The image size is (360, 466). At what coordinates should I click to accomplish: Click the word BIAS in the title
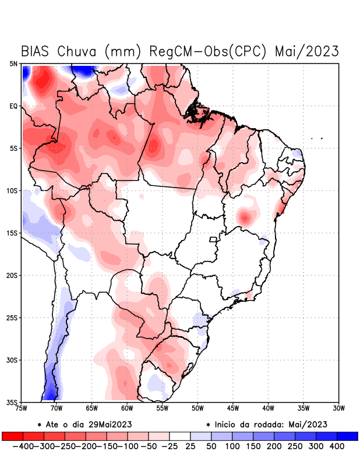[37, 51]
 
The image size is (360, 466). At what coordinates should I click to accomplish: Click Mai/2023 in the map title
[306, 51]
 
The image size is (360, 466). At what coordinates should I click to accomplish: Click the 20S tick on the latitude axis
[13, 276]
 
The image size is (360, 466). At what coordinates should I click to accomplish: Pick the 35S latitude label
[13, 403]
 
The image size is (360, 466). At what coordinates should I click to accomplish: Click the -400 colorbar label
[22, 446]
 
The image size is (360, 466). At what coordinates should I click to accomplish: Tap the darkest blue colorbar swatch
[347, 436]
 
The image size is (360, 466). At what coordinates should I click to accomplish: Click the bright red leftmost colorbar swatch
[12, 436]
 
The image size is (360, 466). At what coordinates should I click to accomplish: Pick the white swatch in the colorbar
[179, 436]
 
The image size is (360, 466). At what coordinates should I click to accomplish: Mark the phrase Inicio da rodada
[255, 424]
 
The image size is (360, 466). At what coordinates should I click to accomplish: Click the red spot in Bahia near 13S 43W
[245, 218]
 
